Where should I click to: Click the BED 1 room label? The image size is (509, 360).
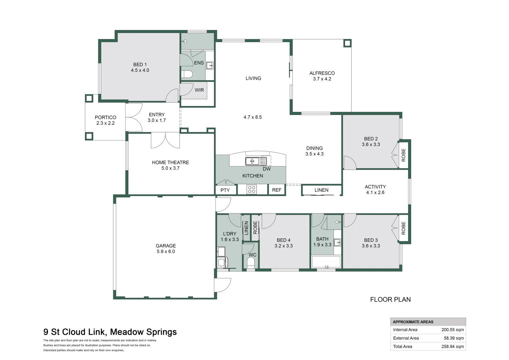(x=140, y=65)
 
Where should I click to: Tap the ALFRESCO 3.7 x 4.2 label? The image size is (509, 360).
(x=322, y=76)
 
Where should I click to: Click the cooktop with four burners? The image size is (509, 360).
(x=252, y=190)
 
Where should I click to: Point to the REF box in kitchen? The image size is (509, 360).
(x=276, y=190)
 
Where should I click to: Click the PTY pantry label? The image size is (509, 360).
(x=225, y=190)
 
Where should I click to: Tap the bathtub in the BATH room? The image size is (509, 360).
(x=326, y=262)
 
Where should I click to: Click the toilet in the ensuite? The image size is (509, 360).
(x=187, y=74)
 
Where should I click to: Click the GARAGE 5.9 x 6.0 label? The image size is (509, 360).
(x=166, y=249)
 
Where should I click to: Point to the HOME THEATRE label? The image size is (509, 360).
(x=170, y=163)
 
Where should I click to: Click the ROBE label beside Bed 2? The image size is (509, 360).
(x=403, y=155)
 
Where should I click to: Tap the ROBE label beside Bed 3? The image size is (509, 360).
(x=403, y=228)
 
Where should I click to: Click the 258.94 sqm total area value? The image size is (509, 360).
(x=452, y=347)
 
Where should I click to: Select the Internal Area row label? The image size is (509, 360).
(x=405, y=330)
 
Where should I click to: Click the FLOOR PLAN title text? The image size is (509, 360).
(x=390, y=300)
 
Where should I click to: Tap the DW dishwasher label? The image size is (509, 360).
(x=267, y=169)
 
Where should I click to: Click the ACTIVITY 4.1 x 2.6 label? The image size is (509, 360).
(x=375, y=190)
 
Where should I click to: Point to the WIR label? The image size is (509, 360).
(x=199, y=90)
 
